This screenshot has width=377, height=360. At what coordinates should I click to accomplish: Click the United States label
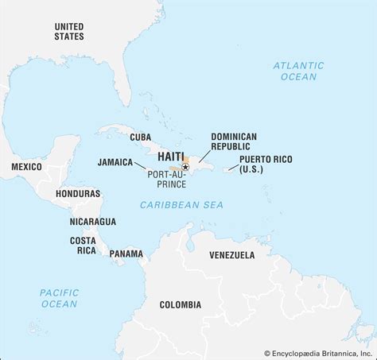click(x=68, y=31)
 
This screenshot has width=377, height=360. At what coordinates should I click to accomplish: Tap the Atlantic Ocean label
click(x=298, y=71)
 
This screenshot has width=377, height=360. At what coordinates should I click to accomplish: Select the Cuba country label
click(x=140, y=137)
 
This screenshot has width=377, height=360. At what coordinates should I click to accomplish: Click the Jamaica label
click(x=115, y=161)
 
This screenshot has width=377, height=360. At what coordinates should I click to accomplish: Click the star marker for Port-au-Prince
click(x=185, y=167)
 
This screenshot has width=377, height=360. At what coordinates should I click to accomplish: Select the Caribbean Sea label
click(x=181, y=205)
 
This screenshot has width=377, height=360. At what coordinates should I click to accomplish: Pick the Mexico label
click(x=26, y=166)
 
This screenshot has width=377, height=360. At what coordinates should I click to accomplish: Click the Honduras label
click(x=78, y=193)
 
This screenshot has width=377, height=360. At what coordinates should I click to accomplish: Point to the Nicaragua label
click(x=92, y=221)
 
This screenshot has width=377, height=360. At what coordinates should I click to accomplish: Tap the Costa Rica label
click(x=83, y=245)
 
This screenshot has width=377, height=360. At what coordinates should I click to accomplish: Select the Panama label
click(x=126, y=254)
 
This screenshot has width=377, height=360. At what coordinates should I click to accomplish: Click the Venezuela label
click(x=231, y=255)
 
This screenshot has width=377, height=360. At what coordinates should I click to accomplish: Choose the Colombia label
click(x=180, y=304)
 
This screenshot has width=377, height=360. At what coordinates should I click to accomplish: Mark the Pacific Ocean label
click(x=60, y=298)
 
